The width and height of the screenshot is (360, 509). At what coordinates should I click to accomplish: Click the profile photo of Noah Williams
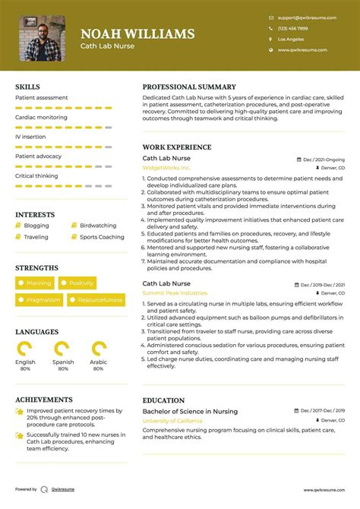[x=42, y=38]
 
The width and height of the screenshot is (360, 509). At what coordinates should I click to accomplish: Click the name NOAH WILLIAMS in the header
[x=137, y=33]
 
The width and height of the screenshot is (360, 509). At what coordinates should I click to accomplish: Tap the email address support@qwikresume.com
[x=302, y=17]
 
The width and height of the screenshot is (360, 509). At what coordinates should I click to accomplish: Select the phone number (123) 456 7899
[x=293, y=28]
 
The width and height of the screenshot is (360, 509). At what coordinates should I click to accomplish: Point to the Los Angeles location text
[x=291, y=39]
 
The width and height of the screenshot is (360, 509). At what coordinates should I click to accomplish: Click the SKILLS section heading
[x=27, y=87]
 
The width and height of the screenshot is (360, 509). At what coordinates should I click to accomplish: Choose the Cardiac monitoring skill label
[x=41, y=118]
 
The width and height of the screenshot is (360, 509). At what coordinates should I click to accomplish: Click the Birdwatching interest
[x=98, y=226]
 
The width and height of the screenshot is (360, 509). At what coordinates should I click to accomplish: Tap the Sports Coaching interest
[x=102, y=237]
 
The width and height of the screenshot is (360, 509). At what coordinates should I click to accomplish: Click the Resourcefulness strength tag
[x=96, y=300]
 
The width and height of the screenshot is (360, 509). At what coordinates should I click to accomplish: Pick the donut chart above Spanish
[x=63, y=349]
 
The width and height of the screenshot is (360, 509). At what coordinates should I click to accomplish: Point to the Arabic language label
[x=99, y=362]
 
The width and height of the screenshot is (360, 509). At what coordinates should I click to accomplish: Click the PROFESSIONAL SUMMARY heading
[x=189, y=87]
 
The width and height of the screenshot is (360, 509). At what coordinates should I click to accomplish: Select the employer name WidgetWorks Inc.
[x=166, y=167]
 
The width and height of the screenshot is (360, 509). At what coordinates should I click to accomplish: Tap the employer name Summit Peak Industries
[x=175, y=292]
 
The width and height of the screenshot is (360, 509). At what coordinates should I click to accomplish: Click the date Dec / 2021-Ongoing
[x=324, y=160]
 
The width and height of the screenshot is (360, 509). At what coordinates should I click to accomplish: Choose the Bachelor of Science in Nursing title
[x=190, y=411]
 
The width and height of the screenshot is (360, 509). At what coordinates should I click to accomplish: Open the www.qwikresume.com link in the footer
[x=326, y=490]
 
